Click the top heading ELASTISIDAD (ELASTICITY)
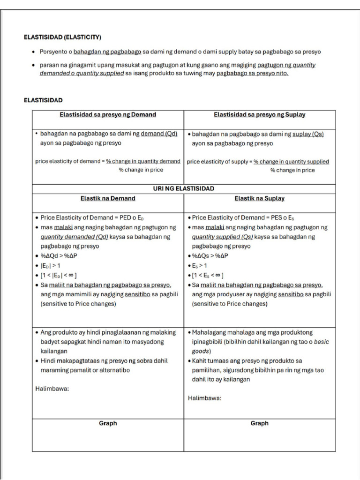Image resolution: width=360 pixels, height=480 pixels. pos(62,37)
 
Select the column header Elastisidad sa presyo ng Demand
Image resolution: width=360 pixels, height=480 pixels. pos(108,114)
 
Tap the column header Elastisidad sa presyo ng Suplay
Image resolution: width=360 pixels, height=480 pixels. pos(260,114)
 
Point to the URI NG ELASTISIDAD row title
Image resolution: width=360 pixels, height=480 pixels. pos(184,188)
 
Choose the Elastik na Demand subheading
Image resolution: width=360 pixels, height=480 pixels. pos(108,198)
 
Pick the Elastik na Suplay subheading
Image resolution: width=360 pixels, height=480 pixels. pos(260,198)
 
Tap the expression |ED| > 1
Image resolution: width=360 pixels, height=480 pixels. pos(51,265)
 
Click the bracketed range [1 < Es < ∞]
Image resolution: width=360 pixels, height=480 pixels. pos(208,275)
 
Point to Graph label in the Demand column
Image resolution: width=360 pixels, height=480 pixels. pos(108,423)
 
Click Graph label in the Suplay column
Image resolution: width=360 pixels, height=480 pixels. pos(260,423)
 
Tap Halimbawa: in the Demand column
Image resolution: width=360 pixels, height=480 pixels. pos(52,389)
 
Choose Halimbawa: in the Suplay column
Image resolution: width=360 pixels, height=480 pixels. pos(205,398)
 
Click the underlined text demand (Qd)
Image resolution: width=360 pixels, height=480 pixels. pos(159,134)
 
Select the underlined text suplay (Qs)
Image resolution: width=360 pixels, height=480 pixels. pos(308,134)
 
